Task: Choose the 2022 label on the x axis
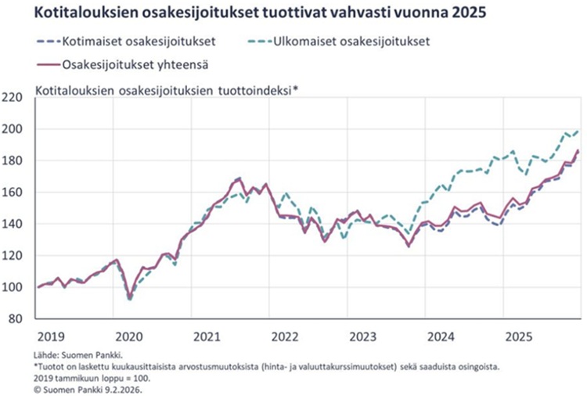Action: click(x=283, y=337)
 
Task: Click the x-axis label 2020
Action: click(x=128, y=337)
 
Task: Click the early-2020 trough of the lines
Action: click(x=130, y=298)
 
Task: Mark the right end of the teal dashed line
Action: click(x=578, y=131)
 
